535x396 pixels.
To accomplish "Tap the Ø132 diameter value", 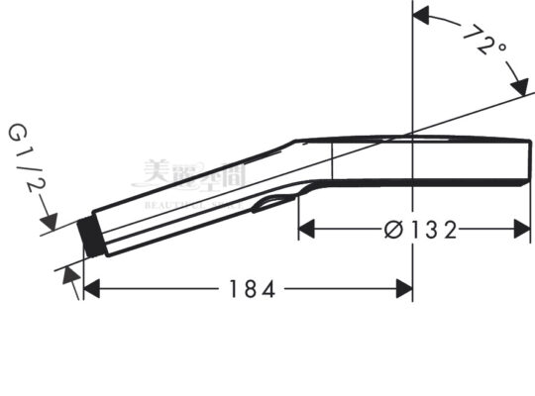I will pos(422,230).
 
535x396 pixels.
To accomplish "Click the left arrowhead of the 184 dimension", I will pos(91,288).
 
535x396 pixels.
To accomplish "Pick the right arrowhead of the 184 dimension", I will pos(403,288).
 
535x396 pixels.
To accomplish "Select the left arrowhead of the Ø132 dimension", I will pos(307,230).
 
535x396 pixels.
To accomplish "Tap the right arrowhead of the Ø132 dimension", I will pos(523,230).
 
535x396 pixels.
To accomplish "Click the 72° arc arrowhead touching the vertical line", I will pos(419,16).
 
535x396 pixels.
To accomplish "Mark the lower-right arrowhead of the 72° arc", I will pos(517,86).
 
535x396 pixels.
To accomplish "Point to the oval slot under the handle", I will pos(271,203).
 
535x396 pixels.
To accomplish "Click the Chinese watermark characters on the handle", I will pos(198,175).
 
